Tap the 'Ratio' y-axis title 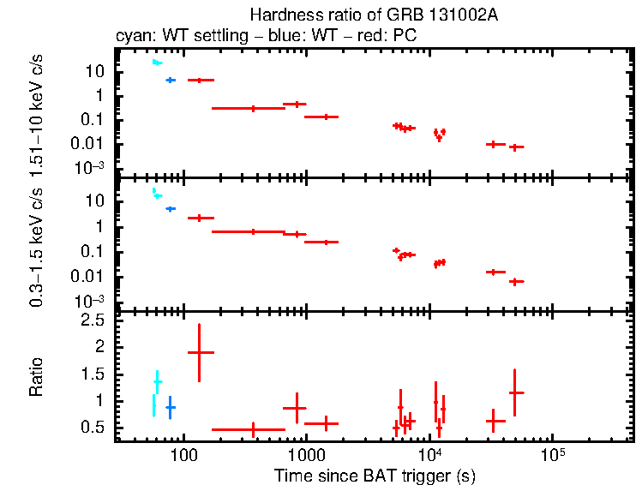click(37, 378)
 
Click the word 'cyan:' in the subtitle click(132, 38)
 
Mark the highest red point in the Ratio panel click(200, 352)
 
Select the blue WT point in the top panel click(170, 80)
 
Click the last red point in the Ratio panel click(514, 392)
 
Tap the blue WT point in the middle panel click(170, 208)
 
